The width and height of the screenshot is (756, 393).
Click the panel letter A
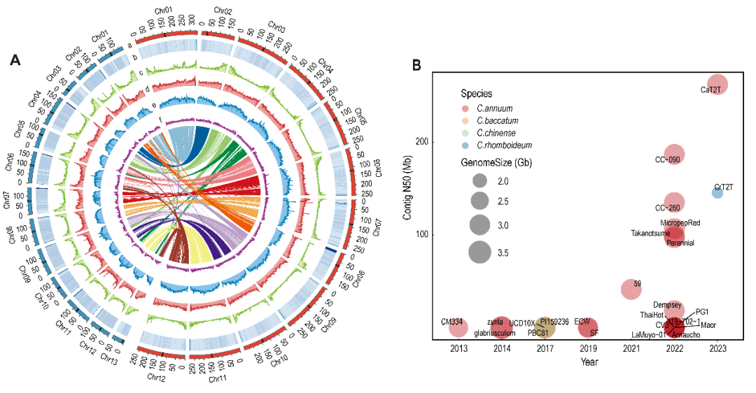tap(15, 60)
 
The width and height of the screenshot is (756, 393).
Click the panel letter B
tap(416, 65)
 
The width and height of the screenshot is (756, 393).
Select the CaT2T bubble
tap(717, 84)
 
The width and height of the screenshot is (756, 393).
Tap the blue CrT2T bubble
tap(717, 193)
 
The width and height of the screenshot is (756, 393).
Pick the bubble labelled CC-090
tap(674, 154)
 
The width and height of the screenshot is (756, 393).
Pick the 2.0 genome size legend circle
tap(479, 180)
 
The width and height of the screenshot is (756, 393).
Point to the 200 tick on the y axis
tap(423, 142)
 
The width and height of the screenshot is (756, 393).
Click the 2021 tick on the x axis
tap(631, 348)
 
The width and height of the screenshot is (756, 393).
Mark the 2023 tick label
tap(717, 348)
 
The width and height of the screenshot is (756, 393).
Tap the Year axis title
tap(589, 362)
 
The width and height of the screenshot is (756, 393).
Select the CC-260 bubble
tap(674, 203)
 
